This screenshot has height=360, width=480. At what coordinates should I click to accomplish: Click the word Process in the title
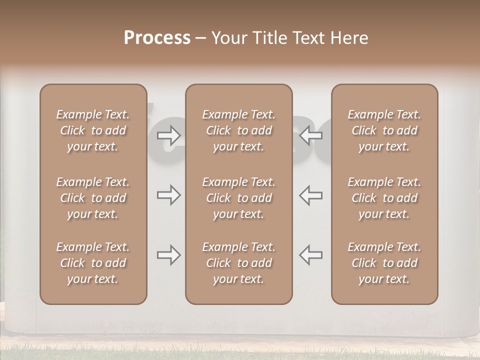[x=157, y=38]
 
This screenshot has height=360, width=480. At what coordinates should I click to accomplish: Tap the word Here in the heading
[x=348, y=38]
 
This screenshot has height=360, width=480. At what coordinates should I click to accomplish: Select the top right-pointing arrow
[x=168, y=134]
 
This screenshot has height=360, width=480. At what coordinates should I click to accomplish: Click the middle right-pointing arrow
[x=168, y=195]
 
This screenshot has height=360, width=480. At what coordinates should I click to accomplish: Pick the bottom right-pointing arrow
[x=168, y=255]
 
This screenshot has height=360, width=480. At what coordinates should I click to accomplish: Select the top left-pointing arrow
[x=311, y=134]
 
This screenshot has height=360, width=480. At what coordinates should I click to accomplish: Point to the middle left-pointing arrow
[x=311, y=195]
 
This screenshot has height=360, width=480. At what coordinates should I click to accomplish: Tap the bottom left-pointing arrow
[x=311, y=255]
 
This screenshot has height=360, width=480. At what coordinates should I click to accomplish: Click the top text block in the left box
[x=93, y=130]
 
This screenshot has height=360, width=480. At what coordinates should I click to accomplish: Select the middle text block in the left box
[x=93, y=198]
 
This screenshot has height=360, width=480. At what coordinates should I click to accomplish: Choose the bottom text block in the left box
[x=93, y=263]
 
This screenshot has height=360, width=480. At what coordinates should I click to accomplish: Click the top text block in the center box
[x=238, y=130]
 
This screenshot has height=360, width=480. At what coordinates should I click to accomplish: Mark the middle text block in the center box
[x=238, y=198]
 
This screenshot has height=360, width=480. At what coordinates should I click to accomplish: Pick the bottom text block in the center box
[x=238, y=263]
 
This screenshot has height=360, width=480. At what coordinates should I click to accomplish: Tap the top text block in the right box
[x=384, y=130]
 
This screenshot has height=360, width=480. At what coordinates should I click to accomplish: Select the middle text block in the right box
[x=384, y=198]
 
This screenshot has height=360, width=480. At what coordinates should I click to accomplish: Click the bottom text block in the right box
[x=384, y=263]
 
